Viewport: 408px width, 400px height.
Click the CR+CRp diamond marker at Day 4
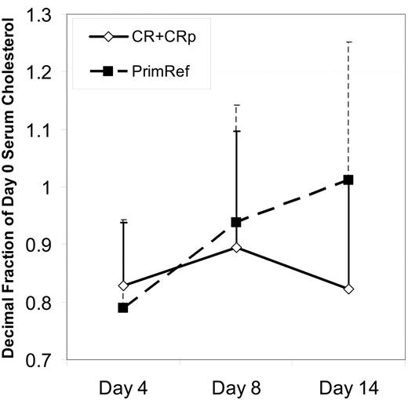click(123, 285)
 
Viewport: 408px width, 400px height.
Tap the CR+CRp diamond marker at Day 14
click(349, 289)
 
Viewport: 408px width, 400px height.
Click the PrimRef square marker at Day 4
click(123, 307)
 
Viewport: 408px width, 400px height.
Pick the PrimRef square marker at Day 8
click(236, 222)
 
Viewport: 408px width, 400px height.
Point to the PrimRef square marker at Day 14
click(349, 180)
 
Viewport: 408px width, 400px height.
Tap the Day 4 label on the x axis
click(123, 387)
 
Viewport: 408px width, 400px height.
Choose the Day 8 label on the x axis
click(236, 387)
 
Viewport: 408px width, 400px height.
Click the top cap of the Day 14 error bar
click(349, 42)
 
